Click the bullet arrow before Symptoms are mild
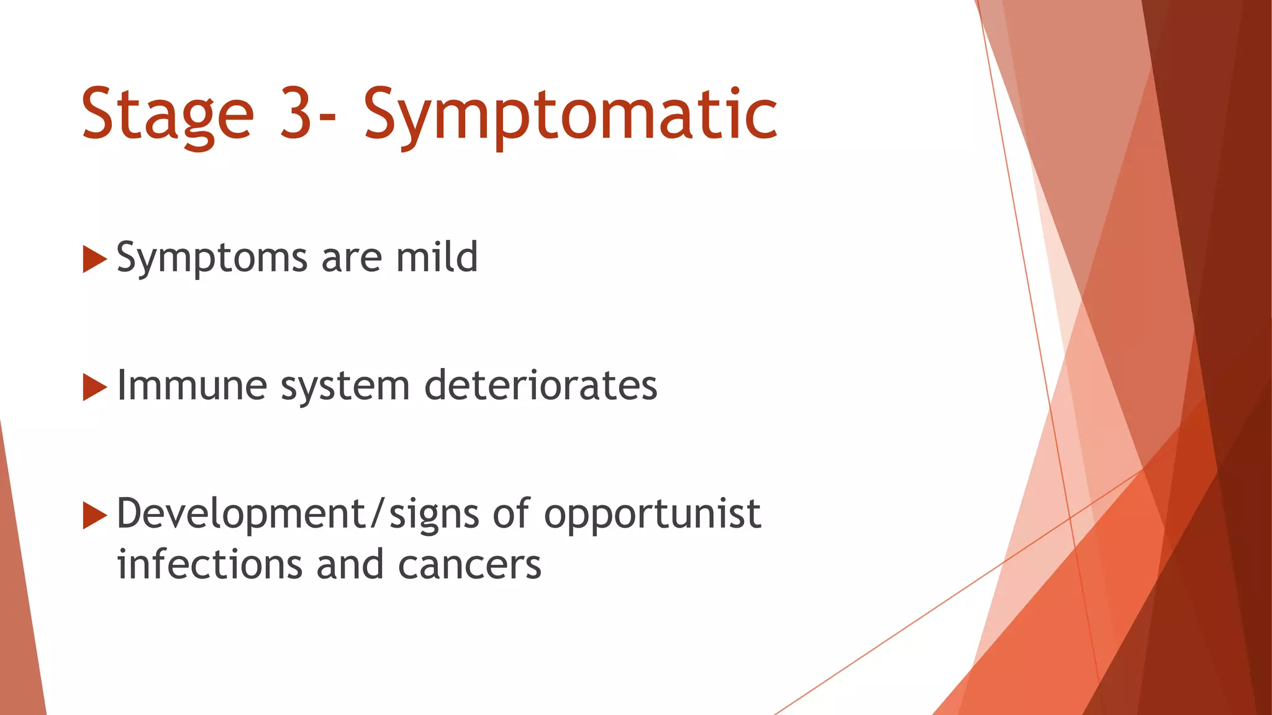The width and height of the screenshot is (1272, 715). point(94,259)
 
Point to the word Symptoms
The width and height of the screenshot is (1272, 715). point(211,258)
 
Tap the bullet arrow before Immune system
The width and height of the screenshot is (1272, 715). point(94,387)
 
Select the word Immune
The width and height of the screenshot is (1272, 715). point(192,385)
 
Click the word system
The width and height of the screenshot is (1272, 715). point(345,387)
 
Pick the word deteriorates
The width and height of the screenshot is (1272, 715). point(540,385)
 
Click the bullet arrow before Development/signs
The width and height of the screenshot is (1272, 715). point(94,516)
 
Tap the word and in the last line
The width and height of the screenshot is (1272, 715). point(350,565)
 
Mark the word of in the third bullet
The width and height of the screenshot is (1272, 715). point(512,514)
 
